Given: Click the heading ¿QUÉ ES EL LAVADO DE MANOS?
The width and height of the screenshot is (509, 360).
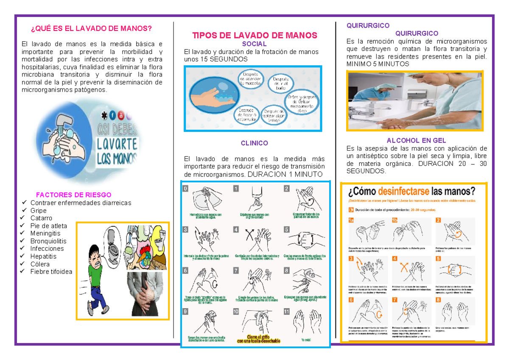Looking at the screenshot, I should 91,28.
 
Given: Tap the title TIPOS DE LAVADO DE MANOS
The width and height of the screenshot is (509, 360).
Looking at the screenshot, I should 255,35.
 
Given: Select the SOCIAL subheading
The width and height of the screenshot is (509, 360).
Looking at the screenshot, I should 254,44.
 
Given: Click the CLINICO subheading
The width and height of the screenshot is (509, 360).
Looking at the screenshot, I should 254,143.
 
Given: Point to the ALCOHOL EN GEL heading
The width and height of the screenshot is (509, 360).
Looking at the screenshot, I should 416,140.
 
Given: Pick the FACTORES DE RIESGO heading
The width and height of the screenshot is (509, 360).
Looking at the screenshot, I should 74,195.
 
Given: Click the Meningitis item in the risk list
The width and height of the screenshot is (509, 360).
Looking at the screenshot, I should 45,233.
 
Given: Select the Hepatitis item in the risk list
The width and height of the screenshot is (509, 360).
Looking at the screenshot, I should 43,256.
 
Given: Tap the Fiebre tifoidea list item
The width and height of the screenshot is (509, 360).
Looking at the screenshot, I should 51,271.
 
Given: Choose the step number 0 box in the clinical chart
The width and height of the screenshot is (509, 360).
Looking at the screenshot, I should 185,189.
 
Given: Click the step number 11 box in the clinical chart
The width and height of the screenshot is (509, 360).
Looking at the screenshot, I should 287,312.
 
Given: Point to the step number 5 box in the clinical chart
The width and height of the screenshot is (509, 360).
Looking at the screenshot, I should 287,229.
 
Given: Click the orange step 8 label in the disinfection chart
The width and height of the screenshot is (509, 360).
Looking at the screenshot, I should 438,300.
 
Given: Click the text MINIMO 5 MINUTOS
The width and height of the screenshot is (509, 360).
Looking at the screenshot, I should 378,64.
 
